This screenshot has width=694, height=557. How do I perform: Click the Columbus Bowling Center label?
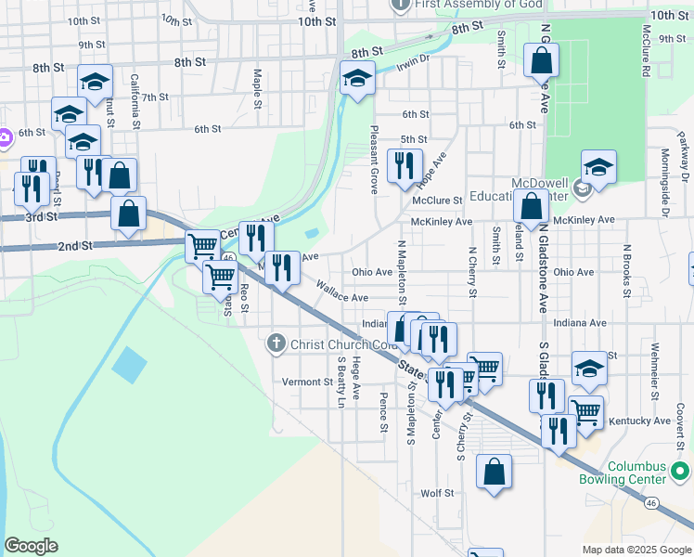(636, 473)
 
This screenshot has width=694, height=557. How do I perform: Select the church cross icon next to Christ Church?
(275, 344)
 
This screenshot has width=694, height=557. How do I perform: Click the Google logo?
(31, 546)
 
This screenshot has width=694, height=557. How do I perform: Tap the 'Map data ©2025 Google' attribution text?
(636, 550)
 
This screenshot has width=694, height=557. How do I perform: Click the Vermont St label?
(307, 382)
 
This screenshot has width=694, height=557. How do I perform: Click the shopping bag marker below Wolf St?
(495, 473)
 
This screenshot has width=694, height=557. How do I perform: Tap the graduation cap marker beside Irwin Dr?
(356, 79)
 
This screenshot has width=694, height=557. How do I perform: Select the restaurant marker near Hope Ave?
(404, 167)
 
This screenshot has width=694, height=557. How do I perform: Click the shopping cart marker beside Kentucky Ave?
(585, 411)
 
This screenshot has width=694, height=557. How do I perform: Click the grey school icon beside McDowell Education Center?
(582, 189)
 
